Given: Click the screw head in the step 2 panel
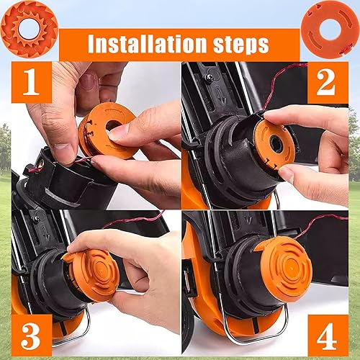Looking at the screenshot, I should pos(209,75).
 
